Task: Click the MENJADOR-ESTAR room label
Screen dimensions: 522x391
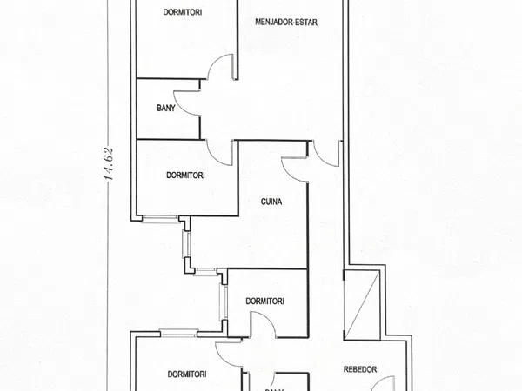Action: pyautogui.click(x=286, y=23)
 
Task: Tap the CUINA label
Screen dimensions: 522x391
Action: pyautogui.click(x=271, y=202)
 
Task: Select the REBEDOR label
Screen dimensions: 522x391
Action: pyautogui.click(x=360, y=369)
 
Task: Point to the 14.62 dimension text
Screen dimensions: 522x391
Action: pyautogui.click(x=110, y=163)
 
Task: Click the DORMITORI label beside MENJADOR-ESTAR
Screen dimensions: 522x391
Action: pyautogui.click(x=183, y=12)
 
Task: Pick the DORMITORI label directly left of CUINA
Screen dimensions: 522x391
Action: pyautogui.click(x=185, y=176)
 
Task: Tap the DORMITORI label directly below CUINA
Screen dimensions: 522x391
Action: pyautogui.click(x=264, y=302)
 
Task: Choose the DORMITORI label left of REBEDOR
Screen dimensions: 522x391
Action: pyautogui.click(x=187, y=374)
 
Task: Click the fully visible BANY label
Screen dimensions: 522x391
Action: pyautogui.click(x=166, y=108)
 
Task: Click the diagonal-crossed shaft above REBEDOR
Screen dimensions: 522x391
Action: pyautogui.click(x=362, y=305)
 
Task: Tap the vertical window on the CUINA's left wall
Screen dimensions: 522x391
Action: pyautogui.click(x=186, y=244)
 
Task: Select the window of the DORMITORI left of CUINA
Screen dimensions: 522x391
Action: pyautogui.click(x=160, y=219)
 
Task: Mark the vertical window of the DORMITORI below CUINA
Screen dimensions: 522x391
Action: pyautogui.click(x=223, y=302)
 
